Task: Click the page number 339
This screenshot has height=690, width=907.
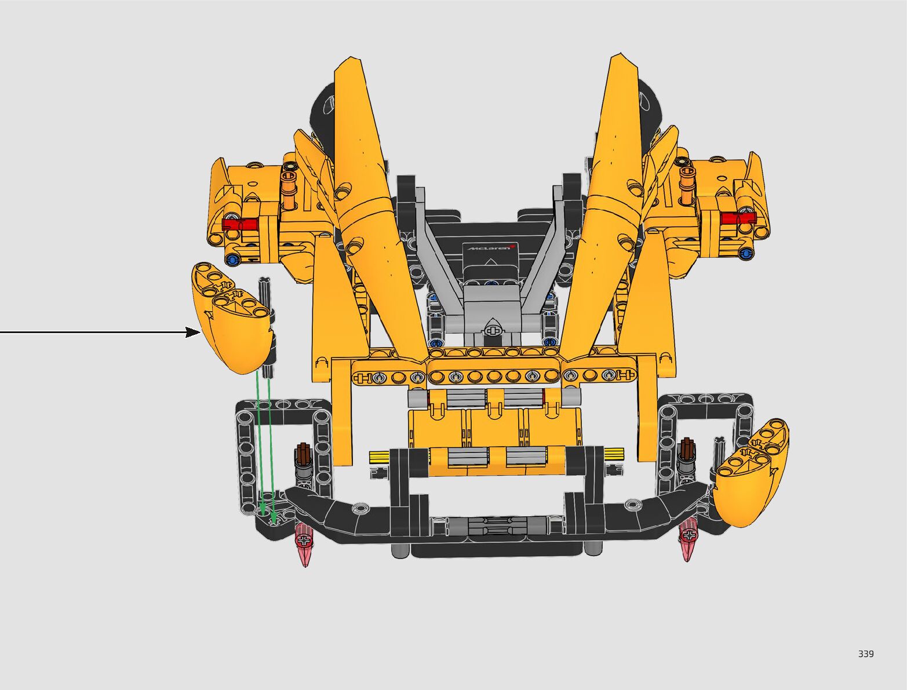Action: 866,654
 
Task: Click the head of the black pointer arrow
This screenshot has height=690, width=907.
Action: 193,332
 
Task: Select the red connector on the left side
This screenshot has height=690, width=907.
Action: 240,224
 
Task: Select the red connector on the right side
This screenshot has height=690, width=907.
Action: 738,218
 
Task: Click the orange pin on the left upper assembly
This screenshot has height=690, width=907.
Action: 289,191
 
